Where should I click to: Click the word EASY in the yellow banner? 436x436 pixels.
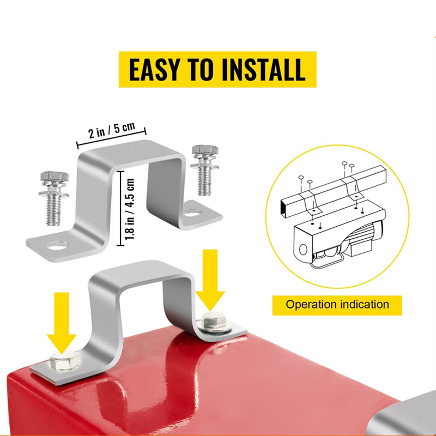point(154,70)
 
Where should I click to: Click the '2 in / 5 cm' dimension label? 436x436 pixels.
point(112,130)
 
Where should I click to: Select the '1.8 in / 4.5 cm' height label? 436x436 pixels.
point(130,209)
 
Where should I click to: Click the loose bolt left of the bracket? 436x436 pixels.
point(54,197)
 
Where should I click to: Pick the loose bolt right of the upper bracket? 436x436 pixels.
point(205,170)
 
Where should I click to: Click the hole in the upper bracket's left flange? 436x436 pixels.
point(58,245)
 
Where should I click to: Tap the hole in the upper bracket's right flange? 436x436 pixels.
point(192,214)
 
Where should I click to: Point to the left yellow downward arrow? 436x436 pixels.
point(62,323)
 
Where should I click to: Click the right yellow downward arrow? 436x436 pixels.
point(210,280)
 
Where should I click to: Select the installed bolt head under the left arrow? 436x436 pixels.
point(64,360)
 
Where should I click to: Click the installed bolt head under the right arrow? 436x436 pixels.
point(214,321)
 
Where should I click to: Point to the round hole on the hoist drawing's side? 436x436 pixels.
point(303,250)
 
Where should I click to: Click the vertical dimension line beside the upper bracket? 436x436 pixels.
point(120,208)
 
